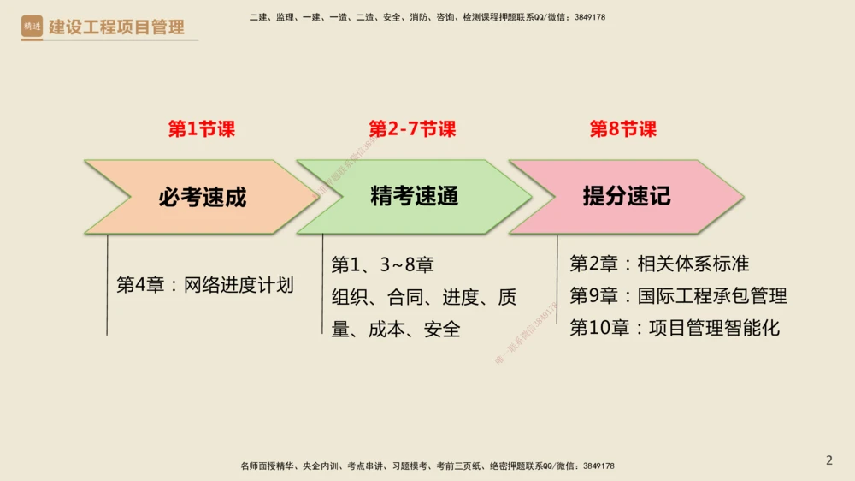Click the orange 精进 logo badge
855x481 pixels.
(x=32, y=27)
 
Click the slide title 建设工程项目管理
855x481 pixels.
(x=116, y=27)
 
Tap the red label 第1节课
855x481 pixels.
(x=201, y=129)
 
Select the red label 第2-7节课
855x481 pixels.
(x=412, y=129)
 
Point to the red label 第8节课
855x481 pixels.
(x=623, y=129)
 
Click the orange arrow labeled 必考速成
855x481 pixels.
(x=202, y=197)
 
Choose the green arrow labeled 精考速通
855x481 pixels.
(x=414, y=197)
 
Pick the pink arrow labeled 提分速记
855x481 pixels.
(x=626, y=197)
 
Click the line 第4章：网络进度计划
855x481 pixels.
(x=205, y=285)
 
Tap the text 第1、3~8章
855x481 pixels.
(x=382, y=264)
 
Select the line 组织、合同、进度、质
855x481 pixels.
(x=424, y=297)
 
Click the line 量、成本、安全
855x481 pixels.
(x=396, y=329)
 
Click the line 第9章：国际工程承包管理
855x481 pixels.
(x=678, y=296)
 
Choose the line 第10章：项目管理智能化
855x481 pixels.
(x=675, y=328)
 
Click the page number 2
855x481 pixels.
(x=828, y=460)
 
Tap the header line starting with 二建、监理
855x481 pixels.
(x=427, y=17)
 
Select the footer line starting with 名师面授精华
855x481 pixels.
(x=427, y=466)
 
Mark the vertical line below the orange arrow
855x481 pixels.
(x=107, y=284)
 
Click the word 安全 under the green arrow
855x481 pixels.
(x=442, y=329)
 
